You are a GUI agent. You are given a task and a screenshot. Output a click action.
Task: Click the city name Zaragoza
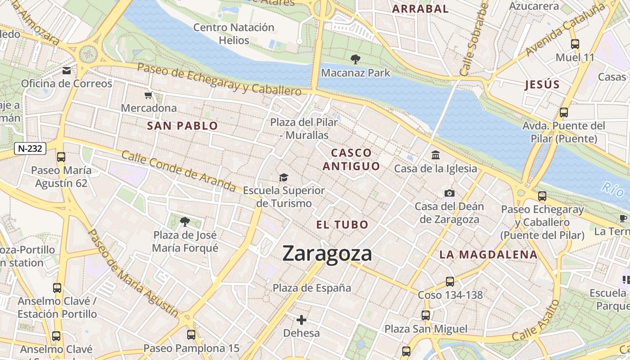pos(327,254)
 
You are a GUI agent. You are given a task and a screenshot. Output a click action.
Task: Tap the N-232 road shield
pos(30,148)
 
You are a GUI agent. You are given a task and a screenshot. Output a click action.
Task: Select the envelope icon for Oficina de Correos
pos(67,70)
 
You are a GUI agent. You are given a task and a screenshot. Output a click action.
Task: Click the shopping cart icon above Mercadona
pos(148,95)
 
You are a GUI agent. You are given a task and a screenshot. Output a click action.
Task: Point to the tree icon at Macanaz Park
pos(355,59)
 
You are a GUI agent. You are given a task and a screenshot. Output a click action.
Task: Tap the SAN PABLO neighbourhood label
pos(182,126)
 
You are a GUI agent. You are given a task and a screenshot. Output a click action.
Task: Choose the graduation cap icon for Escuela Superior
pos(283,178)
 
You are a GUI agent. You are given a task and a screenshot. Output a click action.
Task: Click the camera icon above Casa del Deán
pos(449,193)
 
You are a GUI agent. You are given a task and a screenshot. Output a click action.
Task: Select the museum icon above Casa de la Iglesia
pos(436,155)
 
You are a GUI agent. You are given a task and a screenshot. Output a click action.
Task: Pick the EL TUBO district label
pos(342,225)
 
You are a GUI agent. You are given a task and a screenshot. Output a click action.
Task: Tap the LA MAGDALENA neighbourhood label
pos(488,255)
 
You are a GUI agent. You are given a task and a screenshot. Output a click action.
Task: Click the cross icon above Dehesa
pos(301,320)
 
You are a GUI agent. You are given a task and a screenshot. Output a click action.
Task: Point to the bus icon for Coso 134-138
pos(450,282)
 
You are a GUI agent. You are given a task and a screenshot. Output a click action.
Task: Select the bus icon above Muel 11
pos(575,44)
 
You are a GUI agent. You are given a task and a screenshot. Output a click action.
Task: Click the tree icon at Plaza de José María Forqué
pos(184,221)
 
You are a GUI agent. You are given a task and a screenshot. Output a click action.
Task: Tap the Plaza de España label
pos(312,288)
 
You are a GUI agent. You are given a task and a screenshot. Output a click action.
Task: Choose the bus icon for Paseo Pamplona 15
pos(191,335)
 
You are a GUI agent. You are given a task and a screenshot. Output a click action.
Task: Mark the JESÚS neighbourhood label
pos(542,85)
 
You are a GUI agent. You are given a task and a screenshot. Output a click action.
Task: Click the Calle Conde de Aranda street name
pos(179,171)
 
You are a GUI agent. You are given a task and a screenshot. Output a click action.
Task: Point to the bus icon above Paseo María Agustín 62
pos(61,157)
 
